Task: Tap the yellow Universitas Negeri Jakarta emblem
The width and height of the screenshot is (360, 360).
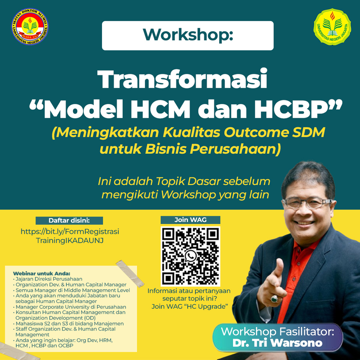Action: (x=332, y=27)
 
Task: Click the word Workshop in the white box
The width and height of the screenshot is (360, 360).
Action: (x=188, y=35)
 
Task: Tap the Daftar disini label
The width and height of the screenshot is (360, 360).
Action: (x=69, y=221)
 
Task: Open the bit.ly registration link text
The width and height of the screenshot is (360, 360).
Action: (x=70, y=236)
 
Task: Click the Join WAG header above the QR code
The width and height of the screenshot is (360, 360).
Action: (x=190, y=220)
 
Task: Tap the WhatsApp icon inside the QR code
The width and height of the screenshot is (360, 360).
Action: (x=190, y=256)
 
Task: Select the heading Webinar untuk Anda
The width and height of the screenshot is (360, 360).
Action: (x=41, y=274)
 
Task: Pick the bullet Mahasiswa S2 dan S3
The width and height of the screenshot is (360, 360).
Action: (x=69, y=323)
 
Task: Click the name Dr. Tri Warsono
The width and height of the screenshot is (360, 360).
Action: (x=277, y=343)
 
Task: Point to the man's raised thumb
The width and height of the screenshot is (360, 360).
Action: (x=278, y=269)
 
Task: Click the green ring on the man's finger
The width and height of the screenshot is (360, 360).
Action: (x=274, y=298)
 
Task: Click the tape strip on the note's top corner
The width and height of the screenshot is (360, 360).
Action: (x=130, y=274)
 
